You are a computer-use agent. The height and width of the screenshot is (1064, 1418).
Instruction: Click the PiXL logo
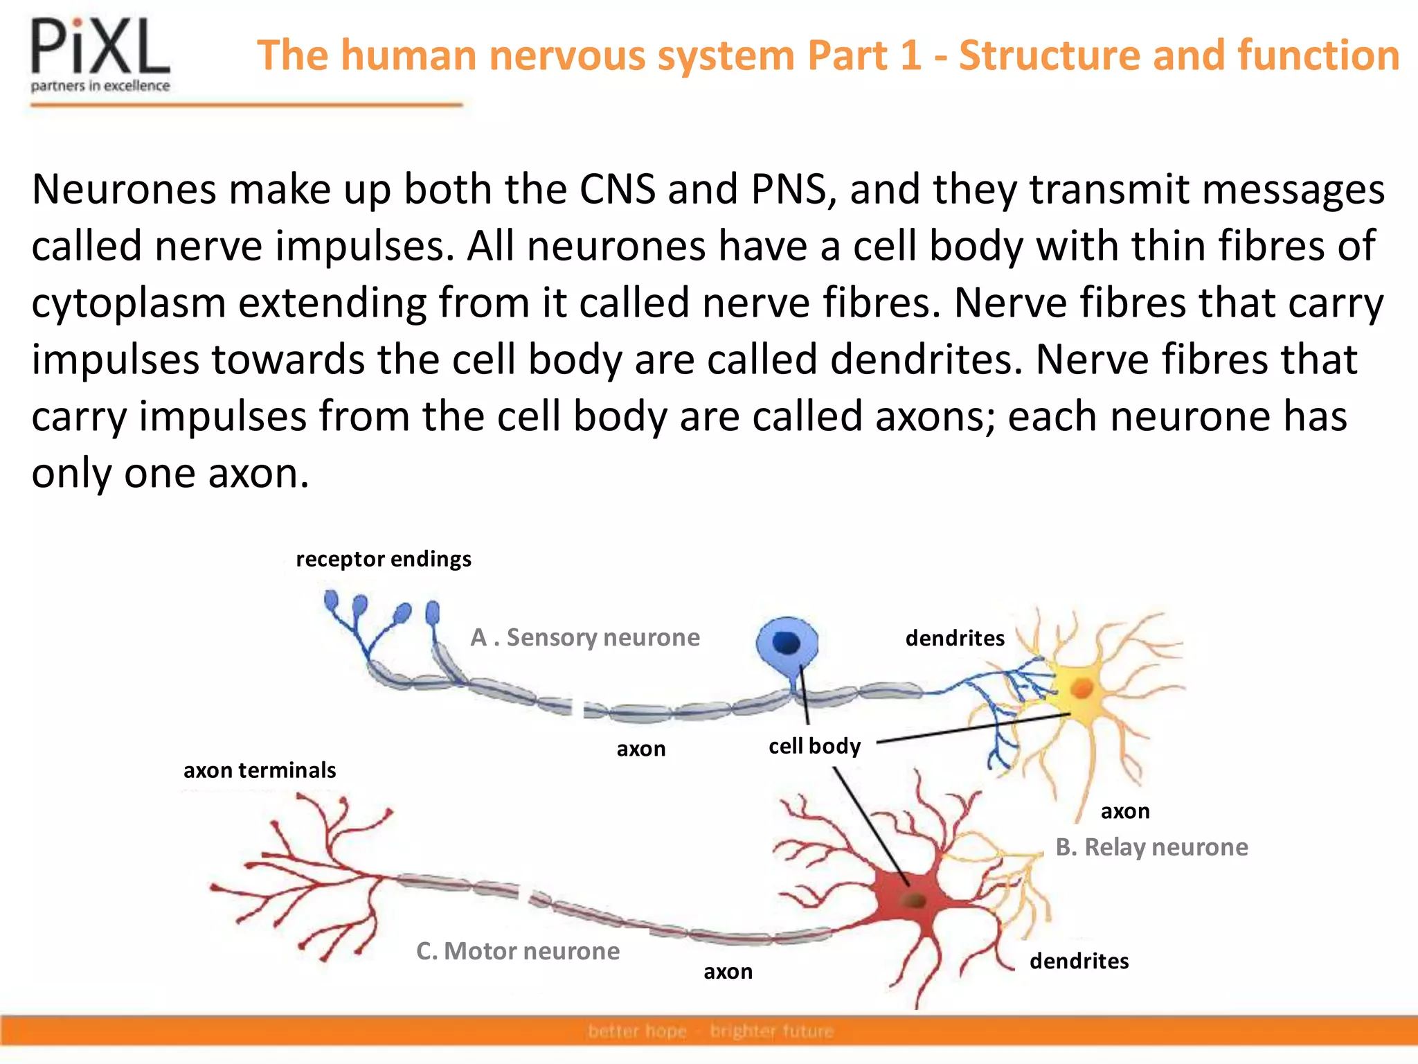100,54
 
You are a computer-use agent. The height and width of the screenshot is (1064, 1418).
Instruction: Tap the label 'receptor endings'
384,559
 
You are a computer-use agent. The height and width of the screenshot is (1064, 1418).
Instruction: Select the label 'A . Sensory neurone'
585,637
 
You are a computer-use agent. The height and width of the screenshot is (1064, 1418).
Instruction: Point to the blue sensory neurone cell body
787,644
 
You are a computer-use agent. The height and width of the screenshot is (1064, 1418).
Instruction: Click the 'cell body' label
814,746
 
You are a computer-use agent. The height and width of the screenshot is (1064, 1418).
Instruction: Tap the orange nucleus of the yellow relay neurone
1082,689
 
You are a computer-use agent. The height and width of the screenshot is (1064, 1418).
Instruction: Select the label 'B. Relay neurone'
1151,847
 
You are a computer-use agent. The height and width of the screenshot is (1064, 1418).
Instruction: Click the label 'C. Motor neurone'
518,951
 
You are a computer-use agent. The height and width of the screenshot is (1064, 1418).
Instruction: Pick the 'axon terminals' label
260,770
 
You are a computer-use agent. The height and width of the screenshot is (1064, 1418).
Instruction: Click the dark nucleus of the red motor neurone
915,901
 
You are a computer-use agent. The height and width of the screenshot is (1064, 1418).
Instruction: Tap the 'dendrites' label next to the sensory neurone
955,638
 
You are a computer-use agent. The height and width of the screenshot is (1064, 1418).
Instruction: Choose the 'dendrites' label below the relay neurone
1079,961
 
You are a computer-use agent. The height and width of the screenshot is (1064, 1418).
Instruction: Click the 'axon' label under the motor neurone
728,972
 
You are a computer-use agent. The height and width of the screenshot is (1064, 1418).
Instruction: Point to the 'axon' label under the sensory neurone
641,749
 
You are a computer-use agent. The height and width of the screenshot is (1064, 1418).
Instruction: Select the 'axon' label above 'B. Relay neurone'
1125,811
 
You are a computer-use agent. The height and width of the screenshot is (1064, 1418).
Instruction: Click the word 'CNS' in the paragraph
617,189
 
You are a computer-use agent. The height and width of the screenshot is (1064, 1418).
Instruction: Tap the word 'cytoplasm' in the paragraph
129,304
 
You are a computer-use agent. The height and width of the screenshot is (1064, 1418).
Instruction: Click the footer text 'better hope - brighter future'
710,1031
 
